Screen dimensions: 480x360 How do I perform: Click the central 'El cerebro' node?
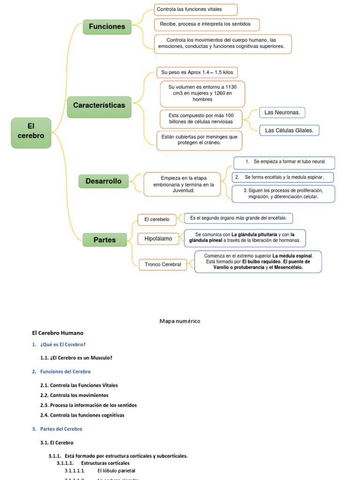tap(31, 133)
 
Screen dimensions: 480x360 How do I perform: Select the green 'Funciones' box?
tap(107, 27)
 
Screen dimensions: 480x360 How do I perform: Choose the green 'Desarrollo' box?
tap(104, 181)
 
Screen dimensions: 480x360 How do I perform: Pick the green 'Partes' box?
tap(105, 240)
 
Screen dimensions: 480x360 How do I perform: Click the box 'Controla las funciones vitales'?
tap(195, 9)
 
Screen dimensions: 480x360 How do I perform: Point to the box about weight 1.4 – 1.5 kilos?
tap(197, 73)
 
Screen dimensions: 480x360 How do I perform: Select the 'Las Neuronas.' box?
tap(282, 112)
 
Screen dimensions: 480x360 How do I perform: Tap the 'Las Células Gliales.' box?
tap(289, 130)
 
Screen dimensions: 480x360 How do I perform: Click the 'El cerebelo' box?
tap(157, 219)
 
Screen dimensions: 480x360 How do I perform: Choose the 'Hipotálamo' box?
tap(158, 239)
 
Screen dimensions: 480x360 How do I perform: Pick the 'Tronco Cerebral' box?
tap(163, 264)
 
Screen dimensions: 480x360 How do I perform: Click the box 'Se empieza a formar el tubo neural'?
tap(284, 162)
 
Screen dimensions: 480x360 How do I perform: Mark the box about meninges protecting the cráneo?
tap(199, 140)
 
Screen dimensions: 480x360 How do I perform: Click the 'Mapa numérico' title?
tap(180, 321)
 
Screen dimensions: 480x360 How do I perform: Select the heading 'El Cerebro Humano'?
tap(57, 333)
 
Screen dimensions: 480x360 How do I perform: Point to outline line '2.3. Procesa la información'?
tap(89, 405)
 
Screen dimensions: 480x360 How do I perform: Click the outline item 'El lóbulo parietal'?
tap(116, 470)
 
